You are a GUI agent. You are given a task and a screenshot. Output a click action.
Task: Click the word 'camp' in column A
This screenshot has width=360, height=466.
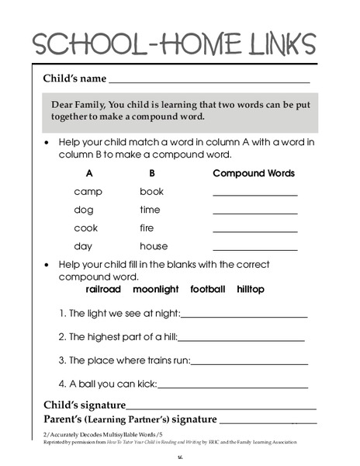pos(88,191)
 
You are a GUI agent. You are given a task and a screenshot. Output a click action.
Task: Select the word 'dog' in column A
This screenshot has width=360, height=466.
pos(84,210)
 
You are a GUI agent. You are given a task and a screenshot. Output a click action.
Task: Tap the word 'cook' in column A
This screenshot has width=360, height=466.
pos(86,228)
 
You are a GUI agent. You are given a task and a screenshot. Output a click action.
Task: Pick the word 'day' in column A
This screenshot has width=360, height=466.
pos(84,247)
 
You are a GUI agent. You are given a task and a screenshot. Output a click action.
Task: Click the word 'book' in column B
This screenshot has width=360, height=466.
pos(152,191)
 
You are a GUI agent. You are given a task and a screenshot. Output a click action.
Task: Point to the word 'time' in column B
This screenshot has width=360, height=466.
pos(150,210)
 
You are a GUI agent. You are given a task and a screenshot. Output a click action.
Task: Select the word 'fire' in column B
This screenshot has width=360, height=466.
pos(147,228)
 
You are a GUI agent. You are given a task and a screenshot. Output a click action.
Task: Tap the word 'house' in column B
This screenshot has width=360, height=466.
pos(154,247)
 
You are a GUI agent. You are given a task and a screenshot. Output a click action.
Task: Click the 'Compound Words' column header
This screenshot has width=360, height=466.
pos(254,172)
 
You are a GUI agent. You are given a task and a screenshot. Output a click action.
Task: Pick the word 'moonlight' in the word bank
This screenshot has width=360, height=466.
pos(156,289)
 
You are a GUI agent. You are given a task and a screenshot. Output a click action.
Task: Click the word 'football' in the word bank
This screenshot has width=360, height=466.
pos(207,289)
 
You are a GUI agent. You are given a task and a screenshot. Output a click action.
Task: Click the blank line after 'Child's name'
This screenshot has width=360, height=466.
pos(209,80)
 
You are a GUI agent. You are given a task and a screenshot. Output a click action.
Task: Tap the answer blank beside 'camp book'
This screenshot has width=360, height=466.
pos(254,194)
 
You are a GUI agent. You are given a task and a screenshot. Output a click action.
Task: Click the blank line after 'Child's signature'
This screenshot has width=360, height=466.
pos(221,406)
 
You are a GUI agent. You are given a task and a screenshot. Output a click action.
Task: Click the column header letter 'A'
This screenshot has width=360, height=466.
pos(90,172)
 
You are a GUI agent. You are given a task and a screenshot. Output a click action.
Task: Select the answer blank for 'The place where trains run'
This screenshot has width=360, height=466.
pos(249,362)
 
